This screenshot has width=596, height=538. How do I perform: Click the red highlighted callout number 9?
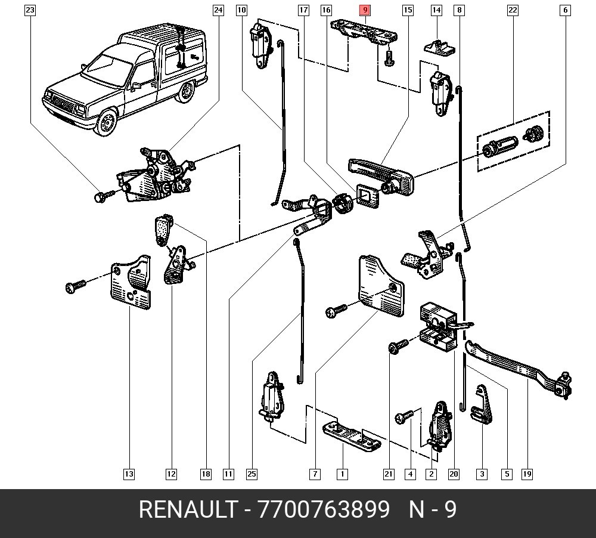tap(365, 10)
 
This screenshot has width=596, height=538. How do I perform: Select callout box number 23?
tap(30, 10)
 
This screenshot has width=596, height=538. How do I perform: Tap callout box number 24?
tap(218, 10)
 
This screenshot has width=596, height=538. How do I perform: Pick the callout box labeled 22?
tap(513, 10)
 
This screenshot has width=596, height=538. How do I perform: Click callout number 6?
tap(565, 10)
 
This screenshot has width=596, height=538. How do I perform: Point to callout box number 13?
tap(129, 474)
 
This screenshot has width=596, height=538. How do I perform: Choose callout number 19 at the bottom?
tap(527, 474)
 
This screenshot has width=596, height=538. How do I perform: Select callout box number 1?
tap(342, 474)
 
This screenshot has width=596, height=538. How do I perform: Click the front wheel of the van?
tap(108, 123)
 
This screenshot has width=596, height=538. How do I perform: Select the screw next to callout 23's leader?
tap(102, 196)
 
